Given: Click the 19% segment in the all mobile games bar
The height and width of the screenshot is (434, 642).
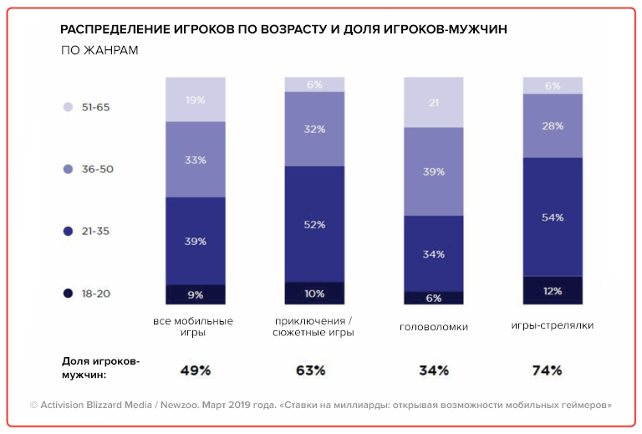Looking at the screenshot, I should (x=196, y=100).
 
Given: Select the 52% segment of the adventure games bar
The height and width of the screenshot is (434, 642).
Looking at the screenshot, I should (x=314, y=224).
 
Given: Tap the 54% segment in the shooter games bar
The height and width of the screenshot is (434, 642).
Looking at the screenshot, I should (x=553, y=217).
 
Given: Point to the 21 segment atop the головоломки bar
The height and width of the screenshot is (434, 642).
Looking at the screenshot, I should (x=433, y=102).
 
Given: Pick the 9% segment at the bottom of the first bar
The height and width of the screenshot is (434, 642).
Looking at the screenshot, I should (x=196, y=294).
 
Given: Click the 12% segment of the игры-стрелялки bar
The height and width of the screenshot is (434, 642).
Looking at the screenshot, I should (x=553, y=290).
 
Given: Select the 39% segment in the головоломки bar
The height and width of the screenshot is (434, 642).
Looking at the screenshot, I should (x=433, y=171).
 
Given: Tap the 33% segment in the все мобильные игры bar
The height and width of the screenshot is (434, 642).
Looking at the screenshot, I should (x=196, y=160).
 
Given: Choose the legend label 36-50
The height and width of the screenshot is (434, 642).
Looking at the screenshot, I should (x=97, y=169).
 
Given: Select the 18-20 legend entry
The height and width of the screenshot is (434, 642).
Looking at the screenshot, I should (x=97, y=294).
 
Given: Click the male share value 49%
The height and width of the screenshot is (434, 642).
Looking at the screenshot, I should (x=196, y=370).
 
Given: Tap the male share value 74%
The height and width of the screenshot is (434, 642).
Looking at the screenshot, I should (x=548, y=370).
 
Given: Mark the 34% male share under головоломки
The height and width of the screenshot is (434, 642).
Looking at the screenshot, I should (x=433, y=370).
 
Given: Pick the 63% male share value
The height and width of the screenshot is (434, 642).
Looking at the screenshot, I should (x=310, y=370).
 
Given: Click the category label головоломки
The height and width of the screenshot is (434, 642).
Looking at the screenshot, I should (x=434, y=327).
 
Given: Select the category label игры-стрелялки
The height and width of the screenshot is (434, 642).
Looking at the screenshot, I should (x=552, y=325).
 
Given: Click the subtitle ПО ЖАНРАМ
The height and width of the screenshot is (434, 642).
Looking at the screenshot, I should (x=99, y=51).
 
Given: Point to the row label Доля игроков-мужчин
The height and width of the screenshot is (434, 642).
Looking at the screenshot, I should (x=101, y=368).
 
